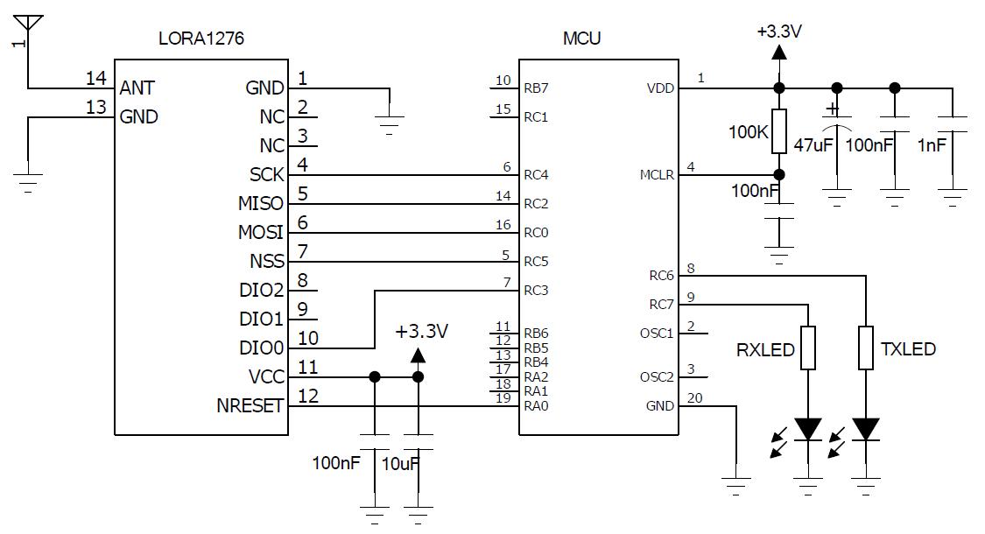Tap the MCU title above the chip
point(582,39)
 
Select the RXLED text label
point(764,350)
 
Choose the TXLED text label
point(908,349)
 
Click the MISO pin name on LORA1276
point(260,204)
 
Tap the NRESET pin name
point(250,406)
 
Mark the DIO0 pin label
point(261,348)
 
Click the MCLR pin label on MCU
point(657,175)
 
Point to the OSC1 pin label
point(657,334)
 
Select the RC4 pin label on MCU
point(536,175)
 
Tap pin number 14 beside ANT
point(95,79)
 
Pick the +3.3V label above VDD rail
point(779,32)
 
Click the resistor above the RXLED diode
point(807,348)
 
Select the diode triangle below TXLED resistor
point(866,429)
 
